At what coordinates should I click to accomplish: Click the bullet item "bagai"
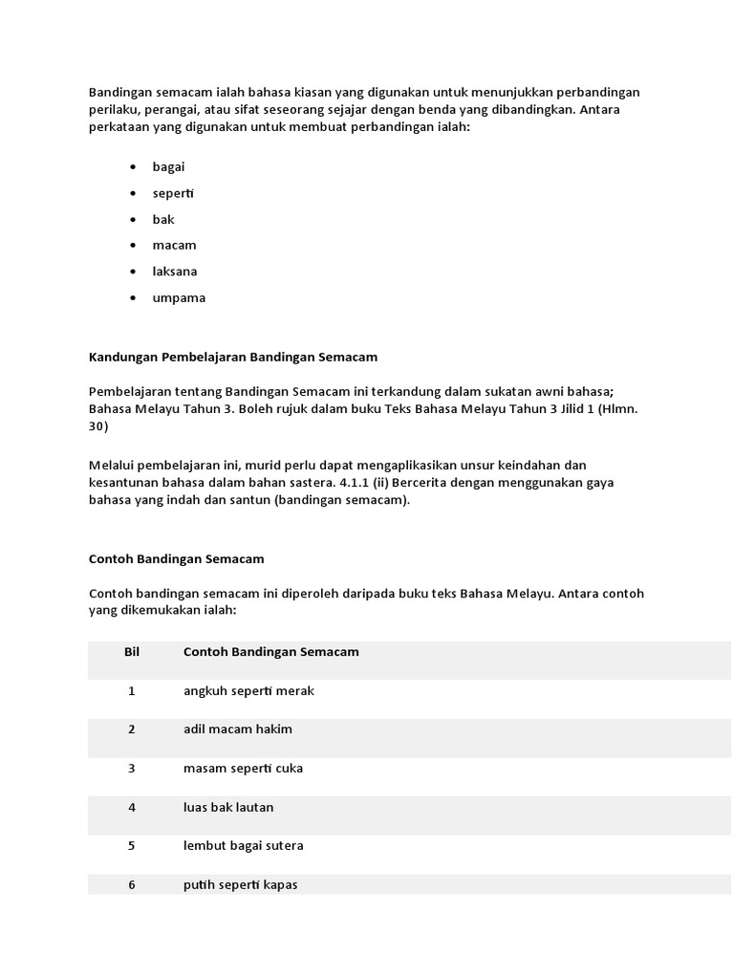[x=168, y=167]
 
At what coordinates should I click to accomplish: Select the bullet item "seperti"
[x=173, y=193]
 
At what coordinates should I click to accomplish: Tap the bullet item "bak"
[x=163, y=219]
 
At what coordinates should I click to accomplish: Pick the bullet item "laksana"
[x=174, y=272]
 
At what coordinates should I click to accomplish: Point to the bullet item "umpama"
[x=179, y=297]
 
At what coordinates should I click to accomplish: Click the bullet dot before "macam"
[x=132, y=246]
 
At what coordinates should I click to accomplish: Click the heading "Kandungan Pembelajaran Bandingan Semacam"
[x=232, y=357]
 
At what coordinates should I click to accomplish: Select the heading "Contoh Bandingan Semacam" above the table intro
[x=176, y=558]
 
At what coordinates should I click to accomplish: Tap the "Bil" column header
[x=132, y=652]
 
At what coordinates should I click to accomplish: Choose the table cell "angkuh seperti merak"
[x=248, y=690]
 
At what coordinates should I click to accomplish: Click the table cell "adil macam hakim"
[x=238, y=729]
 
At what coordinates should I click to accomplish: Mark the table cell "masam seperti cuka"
[x=244, y=769]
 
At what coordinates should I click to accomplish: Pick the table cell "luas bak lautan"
[x=228, y=807]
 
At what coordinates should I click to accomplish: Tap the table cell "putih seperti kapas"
[x=240, y=884]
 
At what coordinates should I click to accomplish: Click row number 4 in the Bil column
[x=132, y=807]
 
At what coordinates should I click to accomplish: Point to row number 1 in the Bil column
[x=132, y=690]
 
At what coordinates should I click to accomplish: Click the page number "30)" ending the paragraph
[x=98, y=427]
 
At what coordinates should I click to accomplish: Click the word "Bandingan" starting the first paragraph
[x=120, y=92]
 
